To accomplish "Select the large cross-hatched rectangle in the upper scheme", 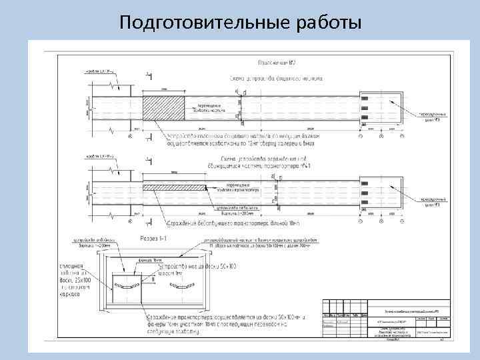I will point(165,109).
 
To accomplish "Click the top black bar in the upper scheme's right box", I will point(366,99).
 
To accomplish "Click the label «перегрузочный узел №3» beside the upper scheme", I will point(433,116).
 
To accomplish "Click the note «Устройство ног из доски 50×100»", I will point(197,271).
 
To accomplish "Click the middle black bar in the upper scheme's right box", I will point(366,109).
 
